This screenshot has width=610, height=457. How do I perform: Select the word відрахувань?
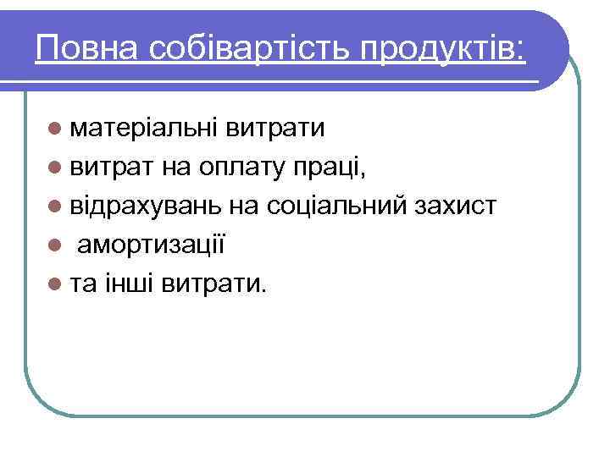[145, 206]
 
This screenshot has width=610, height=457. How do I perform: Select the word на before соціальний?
[245, 207]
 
